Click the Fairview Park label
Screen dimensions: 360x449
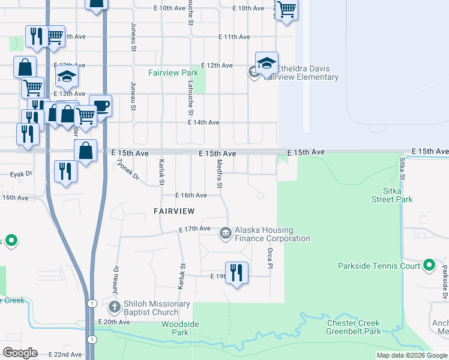(173, 73)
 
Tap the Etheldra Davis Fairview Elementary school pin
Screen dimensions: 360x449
(266, 63)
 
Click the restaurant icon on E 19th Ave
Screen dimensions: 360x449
(237, 274)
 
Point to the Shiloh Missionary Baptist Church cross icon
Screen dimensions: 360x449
(115, 307)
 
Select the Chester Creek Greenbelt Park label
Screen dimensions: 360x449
(354, 327)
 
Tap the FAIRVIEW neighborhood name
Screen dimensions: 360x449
(174, 211)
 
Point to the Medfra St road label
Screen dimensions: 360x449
(220, 176)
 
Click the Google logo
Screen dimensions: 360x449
(20, 353)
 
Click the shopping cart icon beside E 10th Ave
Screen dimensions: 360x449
(287, 10)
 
